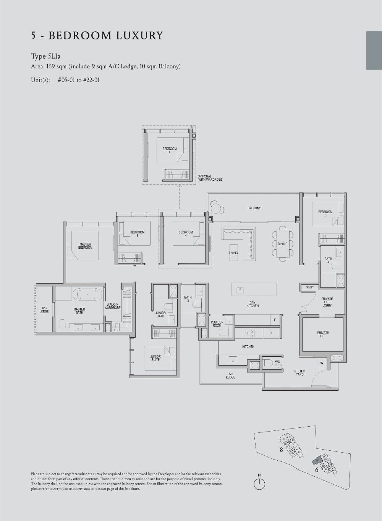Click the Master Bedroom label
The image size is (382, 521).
85,246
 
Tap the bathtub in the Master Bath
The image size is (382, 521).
88,294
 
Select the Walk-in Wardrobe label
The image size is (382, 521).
113,306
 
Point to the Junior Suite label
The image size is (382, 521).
155,358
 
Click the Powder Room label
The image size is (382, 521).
217,324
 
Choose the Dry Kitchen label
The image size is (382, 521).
253,304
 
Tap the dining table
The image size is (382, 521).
283,244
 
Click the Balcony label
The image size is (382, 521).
254,208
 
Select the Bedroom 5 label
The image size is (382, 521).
325,213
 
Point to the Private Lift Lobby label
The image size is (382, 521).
327,302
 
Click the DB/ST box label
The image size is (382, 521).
309,287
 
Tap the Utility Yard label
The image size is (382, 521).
299,372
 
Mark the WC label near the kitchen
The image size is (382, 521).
277,362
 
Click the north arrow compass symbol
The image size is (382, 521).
259,483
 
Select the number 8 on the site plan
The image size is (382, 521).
281,450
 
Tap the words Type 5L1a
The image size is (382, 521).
46,57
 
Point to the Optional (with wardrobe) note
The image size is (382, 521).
210,178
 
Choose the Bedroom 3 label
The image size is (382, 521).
137,233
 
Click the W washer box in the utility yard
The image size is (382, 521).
322,364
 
